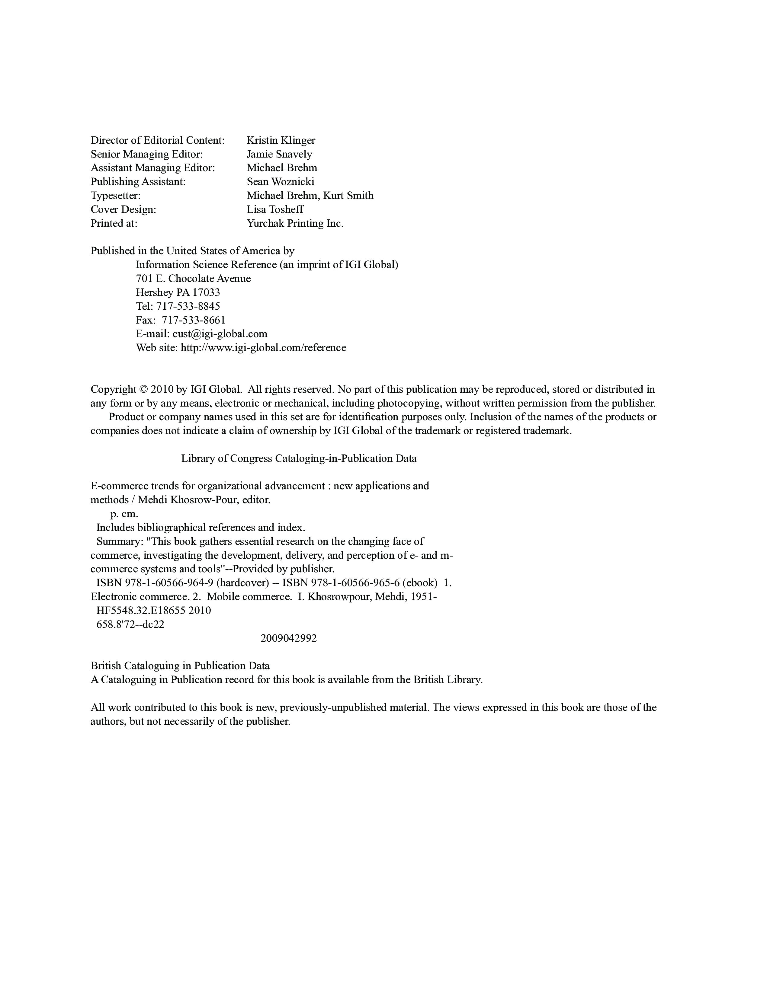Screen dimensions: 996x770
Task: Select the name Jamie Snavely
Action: pyautogui.click(x=279, y=154)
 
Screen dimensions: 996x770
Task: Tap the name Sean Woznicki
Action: pyautogui.click(x=280, y=181)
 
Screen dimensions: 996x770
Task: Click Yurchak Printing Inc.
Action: pyautogui.click(x=295, y=223)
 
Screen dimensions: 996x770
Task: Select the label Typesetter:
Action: pyautogui.click(x=115, y=196)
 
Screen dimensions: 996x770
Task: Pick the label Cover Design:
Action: pyautogui.click(x=123, y=209)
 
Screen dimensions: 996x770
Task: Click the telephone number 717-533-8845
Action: pyautogui.click(x=188, y=306)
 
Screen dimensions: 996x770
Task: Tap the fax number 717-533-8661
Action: pyautogui.click(x=194, y=320)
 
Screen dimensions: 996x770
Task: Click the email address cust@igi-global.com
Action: pyautogui.click(x=220, y=334)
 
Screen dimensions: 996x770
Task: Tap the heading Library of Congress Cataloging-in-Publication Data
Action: pyautogui.click(x=299, y=458)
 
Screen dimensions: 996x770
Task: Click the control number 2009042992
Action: pyautogui.click(x=288, y=638)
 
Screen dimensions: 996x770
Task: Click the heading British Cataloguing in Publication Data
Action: pyautogui.click(x=180, y=666)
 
